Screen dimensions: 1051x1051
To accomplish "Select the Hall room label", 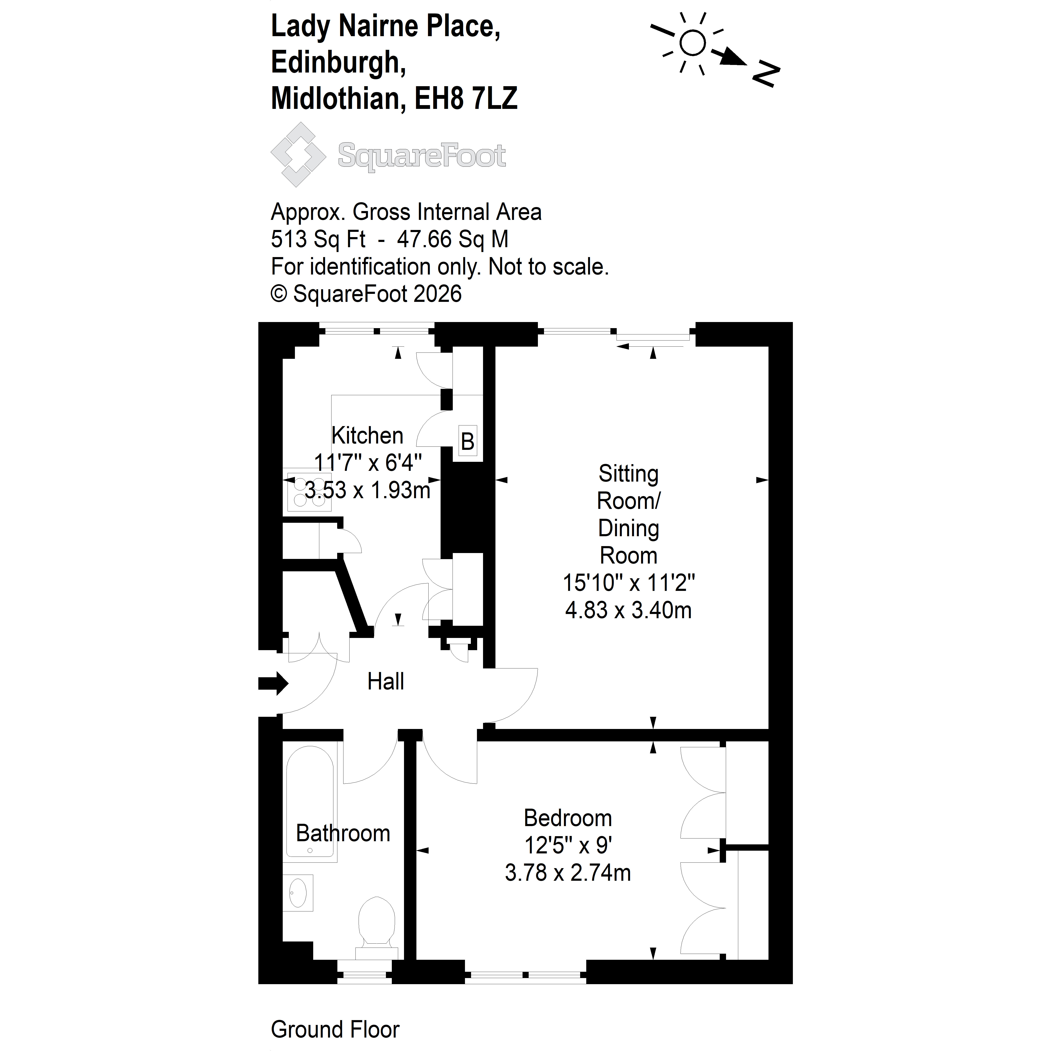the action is (386, 682).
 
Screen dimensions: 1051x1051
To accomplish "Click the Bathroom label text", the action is (343, 833).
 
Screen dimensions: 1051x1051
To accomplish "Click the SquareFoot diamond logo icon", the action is (298, 154).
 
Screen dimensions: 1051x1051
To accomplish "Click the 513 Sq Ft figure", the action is (318, 239).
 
